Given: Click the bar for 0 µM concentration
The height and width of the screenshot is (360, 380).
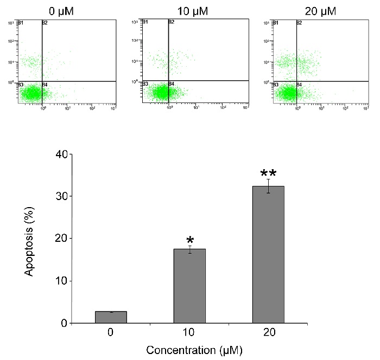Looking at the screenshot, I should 111,317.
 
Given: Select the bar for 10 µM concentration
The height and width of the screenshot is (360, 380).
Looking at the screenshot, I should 189,286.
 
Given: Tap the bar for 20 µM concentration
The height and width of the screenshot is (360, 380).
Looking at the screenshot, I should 268,255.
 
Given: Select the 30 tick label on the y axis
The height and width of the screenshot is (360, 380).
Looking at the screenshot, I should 64,196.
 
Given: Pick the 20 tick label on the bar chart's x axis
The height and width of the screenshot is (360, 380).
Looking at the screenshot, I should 268,331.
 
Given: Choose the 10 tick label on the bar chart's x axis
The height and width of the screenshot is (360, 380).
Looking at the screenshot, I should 189,331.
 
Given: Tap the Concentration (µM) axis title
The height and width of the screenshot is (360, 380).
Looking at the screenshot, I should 190,350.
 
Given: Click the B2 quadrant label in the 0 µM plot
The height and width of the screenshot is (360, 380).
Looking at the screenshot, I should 46,22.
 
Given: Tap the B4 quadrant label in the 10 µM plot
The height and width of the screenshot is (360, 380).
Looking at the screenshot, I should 171,84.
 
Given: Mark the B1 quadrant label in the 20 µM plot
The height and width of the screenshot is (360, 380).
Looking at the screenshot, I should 275,22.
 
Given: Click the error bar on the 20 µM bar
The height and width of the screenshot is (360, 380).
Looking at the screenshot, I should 268,186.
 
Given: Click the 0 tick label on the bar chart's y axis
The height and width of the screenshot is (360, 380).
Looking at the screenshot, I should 67,324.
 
